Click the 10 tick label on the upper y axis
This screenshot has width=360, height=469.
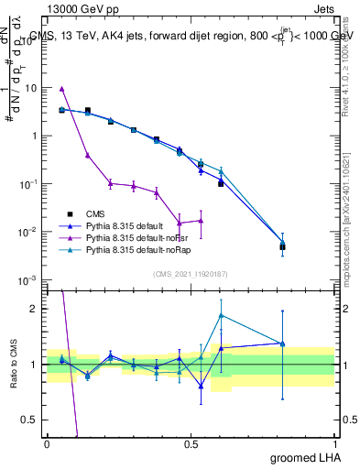[x=32, y=88]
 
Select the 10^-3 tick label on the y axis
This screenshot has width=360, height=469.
[x=28, y=279]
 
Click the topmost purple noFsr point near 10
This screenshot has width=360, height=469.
[x=61, y=89]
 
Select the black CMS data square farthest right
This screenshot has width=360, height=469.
[x=283, y=246]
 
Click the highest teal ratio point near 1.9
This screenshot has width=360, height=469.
[x=221, y=315]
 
